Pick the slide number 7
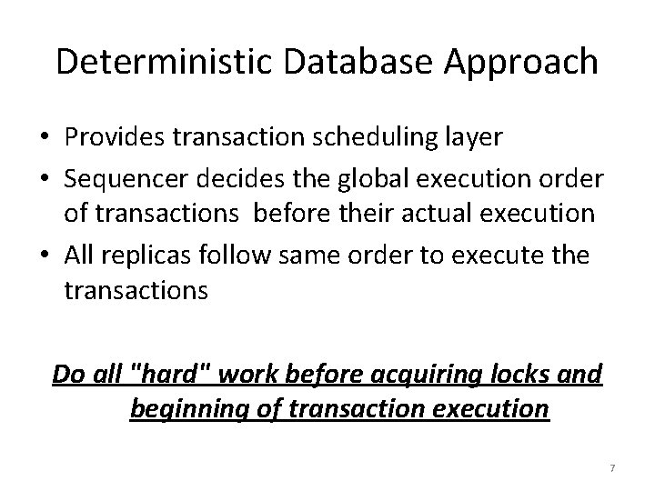[612, 467]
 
